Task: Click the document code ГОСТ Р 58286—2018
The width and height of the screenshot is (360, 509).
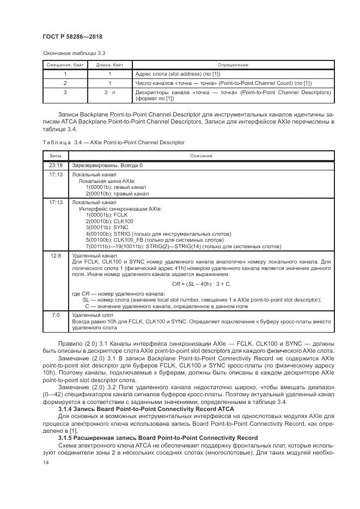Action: click(72, 36)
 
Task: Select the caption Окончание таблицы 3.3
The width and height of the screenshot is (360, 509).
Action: click(74, 53)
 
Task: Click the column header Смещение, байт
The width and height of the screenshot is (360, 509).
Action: click(65, 65)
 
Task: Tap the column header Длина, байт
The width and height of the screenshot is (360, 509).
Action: click(109, 65)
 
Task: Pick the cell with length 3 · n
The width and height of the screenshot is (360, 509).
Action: click(109, 92)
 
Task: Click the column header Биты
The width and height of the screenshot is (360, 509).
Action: click(56, 155)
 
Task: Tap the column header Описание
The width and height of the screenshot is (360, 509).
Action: click(201, 155)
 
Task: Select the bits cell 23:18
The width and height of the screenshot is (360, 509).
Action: click(56, 165)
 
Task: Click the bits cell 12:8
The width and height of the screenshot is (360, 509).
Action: click(56, 255)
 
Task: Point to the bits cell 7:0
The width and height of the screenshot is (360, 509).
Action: click(56, 315)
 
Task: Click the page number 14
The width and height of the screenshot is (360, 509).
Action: click(46, 463)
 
